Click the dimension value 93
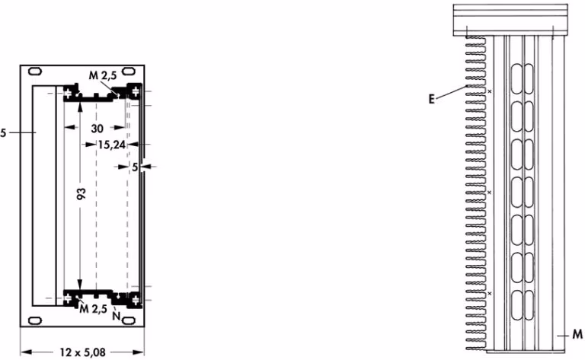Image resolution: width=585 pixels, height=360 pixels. [82, 193]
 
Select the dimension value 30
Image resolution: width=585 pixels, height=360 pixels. [97, 129]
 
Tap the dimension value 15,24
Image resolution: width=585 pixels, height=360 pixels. [111, 145]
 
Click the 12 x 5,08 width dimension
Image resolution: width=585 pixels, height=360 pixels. [83, 352]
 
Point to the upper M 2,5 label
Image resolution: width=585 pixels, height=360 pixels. [103, 75]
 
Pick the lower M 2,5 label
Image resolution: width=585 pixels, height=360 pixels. [93, 308]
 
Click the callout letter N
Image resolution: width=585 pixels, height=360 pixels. [117, 316]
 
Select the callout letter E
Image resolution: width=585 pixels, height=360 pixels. [432, 99]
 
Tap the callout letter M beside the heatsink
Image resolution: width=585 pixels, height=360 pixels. [577, 334]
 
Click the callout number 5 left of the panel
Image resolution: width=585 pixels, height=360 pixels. [3, 132]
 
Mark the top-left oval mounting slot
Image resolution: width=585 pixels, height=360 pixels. [35, 72]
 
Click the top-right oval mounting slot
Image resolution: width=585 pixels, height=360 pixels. [129, 71]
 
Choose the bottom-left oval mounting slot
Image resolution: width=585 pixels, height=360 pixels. [35, 320]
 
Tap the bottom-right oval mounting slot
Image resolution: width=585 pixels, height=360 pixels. [129, 320]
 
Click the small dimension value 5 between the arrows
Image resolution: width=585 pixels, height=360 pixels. [135, 167]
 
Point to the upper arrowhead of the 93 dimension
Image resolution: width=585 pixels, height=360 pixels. [80, 106]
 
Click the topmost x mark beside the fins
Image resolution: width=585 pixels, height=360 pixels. [490, 91]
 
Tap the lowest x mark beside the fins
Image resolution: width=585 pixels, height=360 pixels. [490, 294]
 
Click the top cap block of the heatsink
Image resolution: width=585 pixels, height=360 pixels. [510, 20]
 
